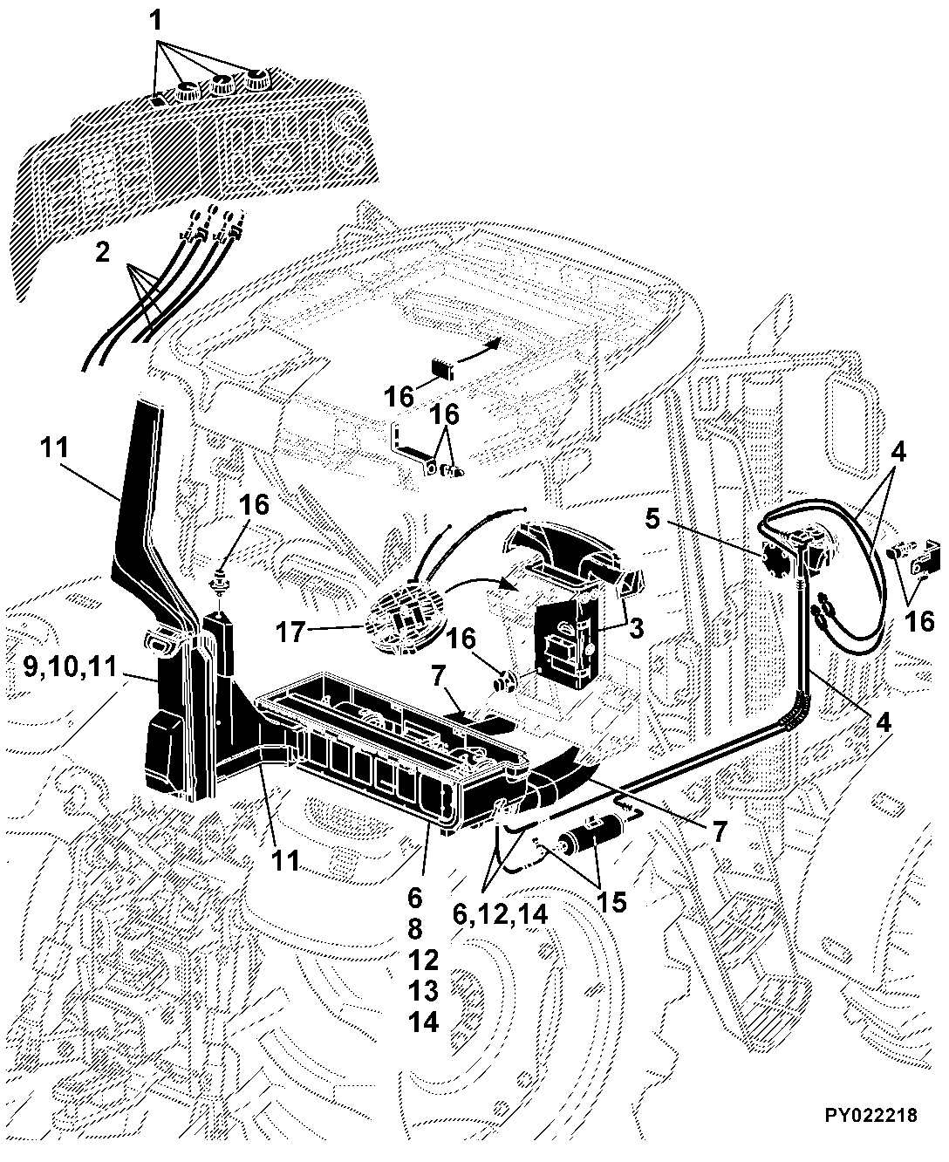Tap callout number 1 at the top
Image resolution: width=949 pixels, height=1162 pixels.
click(x=156, y=21)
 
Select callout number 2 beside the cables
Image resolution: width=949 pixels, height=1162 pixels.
click(x=102, y=253)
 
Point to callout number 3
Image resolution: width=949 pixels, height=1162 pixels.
click(x=636, y=628)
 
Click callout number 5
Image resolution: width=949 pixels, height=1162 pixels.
click(x=652, y=520)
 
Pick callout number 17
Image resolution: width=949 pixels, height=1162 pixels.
click(x=290, y=632)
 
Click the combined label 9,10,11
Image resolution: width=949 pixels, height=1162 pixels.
click(x=70, y=666)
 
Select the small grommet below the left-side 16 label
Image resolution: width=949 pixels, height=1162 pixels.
click(x=220, y=581)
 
